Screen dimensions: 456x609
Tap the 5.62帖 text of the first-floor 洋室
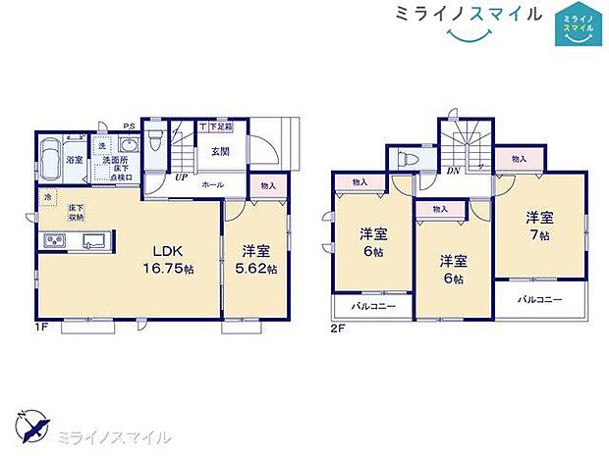pyautogui.click(x=259, y=269)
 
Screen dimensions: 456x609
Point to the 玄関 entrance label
pyautogui.click(x=219, y=151)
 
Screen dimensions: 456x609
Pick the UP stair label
pyautogui.click(x=181, y=178)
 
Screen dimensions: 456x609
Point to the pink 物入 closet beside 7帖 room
pyautogui.click(x=519, y=158)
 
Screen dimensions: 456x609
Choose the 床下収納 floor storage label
pyautogui.click(x=76, y=213)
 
